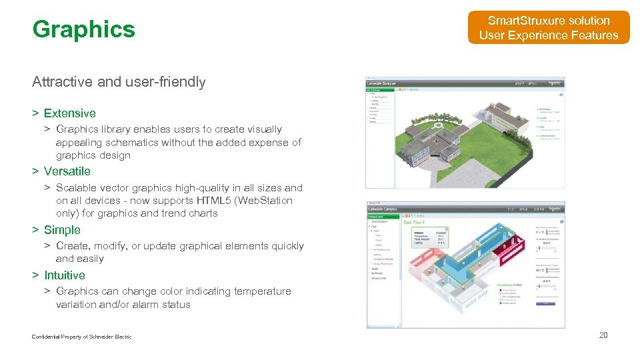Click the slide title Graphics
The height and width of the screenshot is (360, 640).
click(x=83, y=29)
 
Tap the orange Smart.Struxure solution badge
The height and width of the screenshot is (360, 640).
click(x=548, y=28)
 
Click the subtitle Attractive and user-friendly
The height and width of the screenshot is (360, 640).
click(x=119, y=82)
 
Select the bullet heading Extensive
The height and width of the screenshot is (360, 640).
click(x=69, y=113)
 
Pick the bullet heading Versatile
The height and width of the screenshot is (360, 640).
click(x=67, y=171)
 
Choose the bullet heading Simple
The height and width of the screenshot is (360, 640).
click(x=62, y=230)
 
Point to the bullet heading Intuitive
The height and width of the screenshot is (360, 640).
click(x=65, y=275)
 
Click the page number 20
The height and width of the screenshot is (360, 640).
click(x=603, y=335)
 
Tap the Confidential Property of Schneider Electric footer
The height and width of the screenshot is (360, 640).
click(x=81, y=337)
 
